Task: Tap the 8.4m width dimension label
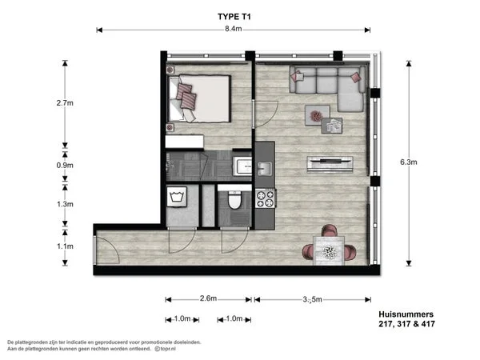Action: (233, 30)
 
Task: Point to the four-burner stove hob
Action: (264, 198)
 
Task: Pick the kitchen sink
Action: (264, 168)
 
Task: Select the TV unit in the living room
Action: (330, 163)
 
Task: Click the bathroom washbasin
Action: (243, 167)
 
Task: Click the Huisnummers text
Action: (405, 314)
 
